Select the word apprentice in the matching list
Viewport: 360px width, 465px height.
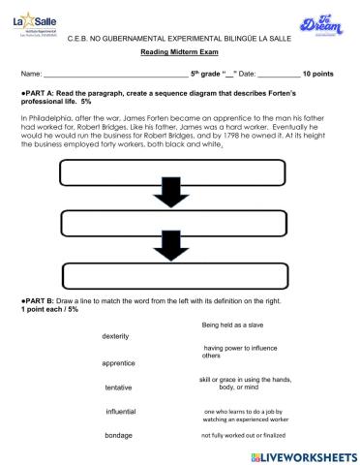coord(119,362)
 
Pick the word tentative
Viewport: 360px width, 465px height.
coord(119,387)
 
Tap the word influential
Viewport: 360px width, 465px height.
coord(121,412)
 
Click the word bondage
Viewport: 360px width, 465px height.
coord(119,436)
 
